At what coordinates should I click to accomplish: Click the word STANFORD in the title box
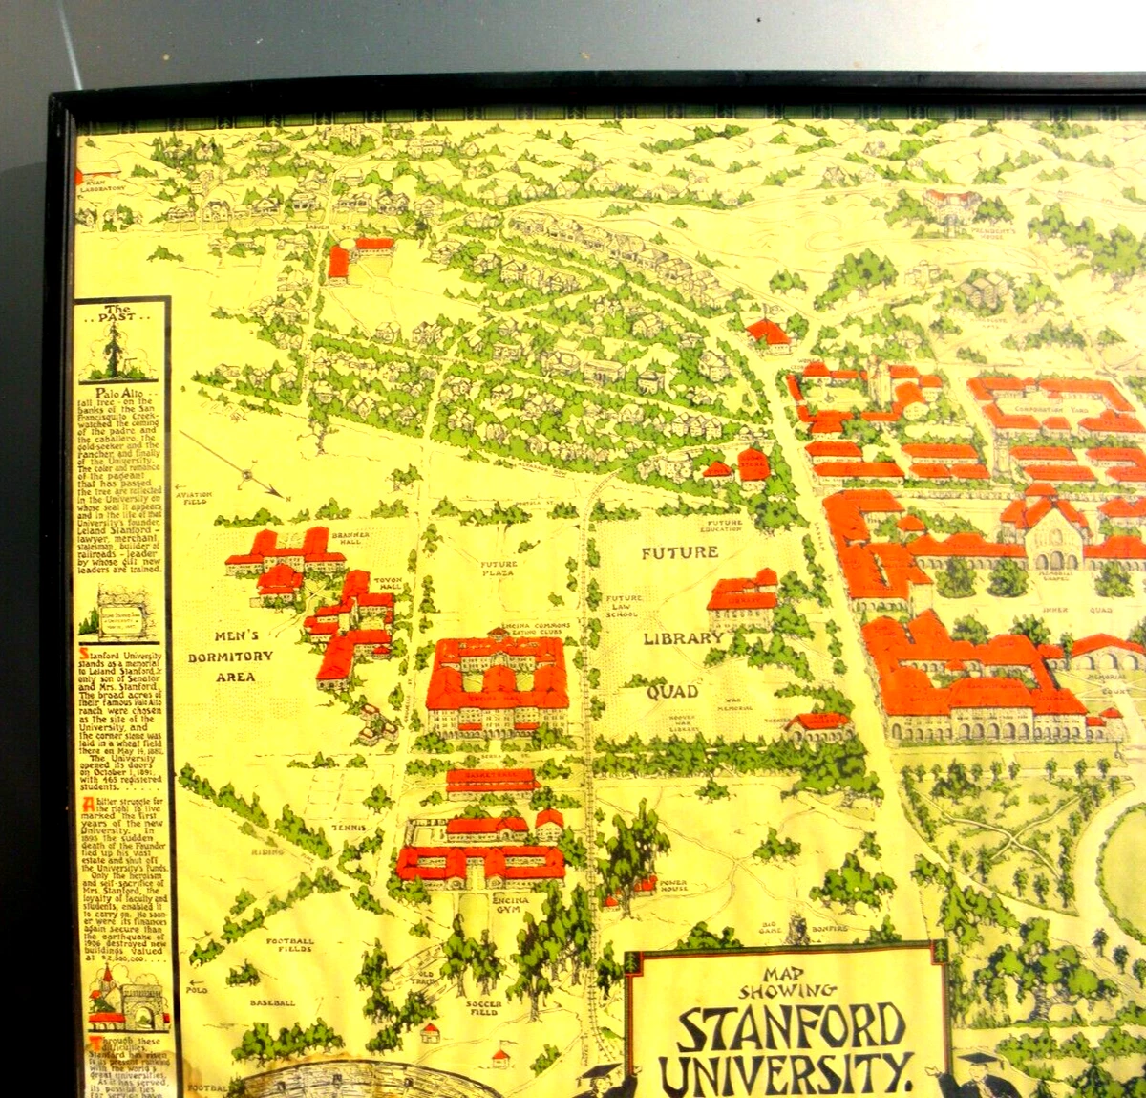pyautogui.click(x=792, y=1026)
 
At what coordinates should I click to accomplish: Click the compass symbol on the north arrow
pyautogui.click(x=247, y=471)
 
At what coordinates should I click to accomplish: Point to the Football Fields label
pyautogui.click(x=288, y=945)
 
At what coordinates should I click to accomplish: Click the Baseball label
pyautogui.click(x=272, y=1002)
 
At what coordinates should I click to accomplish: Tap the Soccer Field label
pyautogui.click(x=484, y=1008)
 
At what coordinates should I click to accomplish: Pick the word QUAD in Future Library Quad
pyautogui.click(x=672, y=691)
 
